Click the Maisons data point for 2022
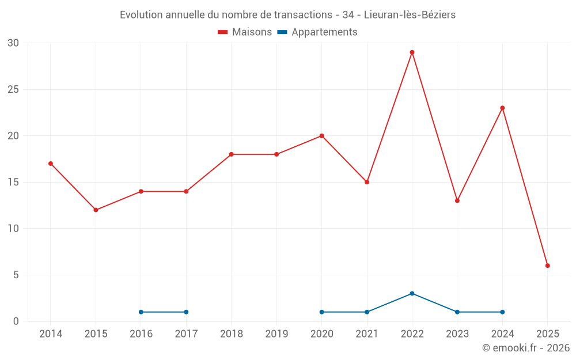pyautogui.click(x=412, y=52)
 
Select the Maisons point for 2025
pyautogui.click(x=548, y=266)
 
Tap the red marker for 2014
pyautogui.click(x=51, y=164)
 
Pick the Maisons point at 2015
pyautogui.click(x=96, y=210)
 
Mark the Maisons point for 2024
pyautogui.click(x=502, y=108)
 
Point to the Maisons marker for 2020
pyautogui.click(x=321, y=136)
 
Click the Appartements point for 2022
pyautogui.click(x=412, y=293)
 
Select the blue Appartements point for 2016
pyautogui.click(x=141, y=312)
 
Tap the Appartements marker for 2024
pyautogui.click(x=502, y=312)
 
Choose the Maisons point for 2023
pyautogui.click(x=457, y=200)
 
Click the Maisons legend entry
pyautogui.click(x=245, y=32)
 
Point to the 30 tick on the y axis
pyautogui.click(x=13, y=43)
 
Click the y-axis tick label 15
pyautogui.click(x=13, y=182)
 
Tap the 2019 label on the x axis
pyautogui.click(x=276, y=334)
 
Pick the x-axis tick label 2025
pyautogui.click(x=548, y=334)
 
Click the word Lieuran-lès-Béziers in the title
pyautogui.click(x=410, y=15)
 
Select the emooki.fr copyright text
pyautogui.click(x=525, y=348)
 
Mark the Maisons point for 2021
pyautogui.click(x=367, y=182)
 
